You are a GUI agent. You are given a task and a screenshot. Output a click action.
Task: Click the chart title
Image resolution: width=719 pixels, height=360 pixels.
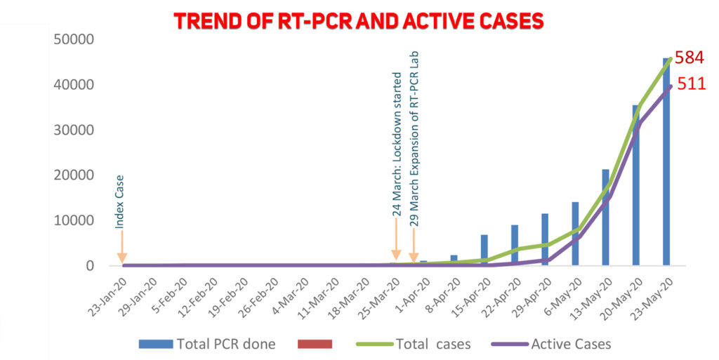(x=359, y=20)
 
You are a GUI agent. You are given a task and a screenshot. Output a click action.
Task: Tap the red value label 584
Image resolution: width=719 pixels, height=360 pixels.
(x=690, y=59)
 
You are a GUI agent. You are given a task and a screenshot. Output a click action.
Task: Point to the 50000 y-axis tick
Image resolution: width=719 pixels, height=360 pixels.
(x=74, y=39)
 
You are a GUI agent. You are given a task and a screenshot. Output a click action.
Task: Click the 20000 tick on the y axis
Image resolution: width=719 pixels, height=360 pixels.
(x=74, y=175)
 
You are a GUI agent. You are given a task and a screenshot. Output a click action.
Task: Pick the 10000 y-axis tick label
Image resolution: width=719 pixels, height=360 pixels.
(x=74, y=221)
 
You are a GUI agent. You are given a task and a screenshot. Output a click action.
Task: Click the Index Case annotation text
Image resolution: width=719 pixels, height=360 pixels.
(x=120, y=199)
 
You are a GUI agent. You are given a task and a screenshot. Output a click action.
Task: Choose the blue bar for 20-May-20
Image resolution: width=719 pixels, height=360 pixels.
(x=636, y=185)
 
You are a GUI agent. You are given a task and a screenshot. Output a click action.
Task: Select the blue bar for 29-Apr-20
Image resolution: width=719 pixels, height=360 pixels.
(x=545, y=240)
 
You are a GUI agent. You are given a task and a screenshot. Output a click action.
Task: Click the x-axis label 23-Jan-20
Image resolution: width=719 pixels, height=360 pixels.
(x=111, y=295)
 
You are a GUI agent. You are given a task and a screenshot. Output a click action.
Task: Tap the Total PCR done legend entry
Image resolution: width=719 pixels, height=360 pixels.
(x=207, y=344)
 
